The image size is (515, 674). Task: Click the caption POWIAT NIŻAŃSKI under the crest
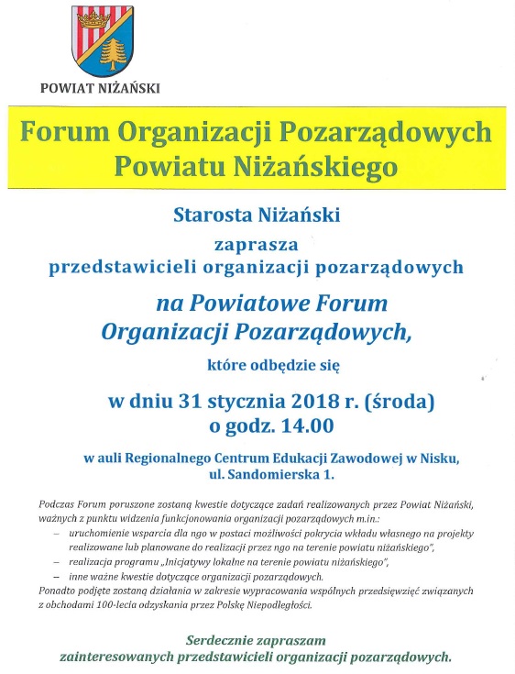coord(100,88)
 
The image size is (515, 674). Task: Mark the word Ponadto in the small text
coord(60,591)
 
